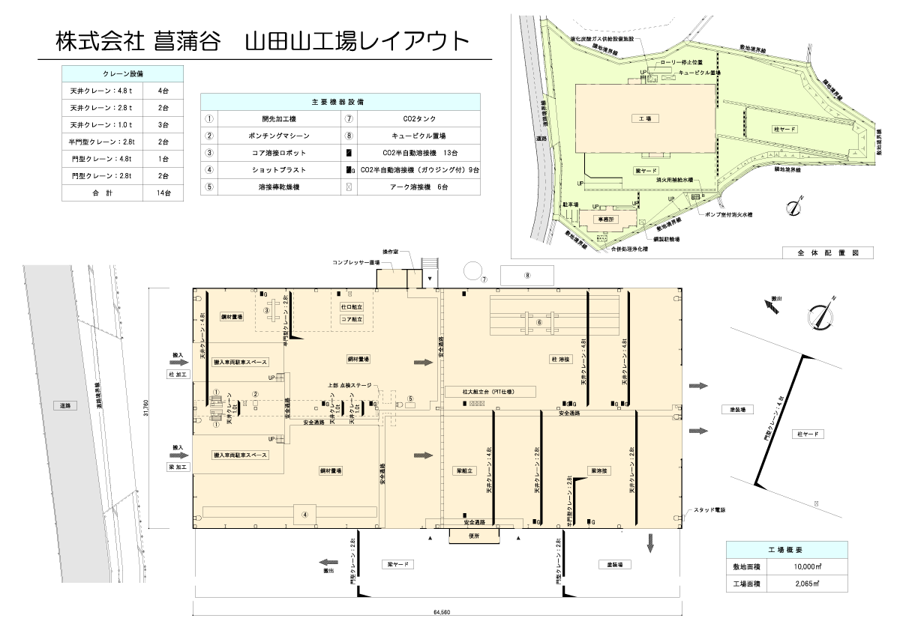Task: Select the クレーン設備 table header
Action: pos(121,73)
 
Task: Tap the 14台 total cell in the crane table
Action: pos(163,193)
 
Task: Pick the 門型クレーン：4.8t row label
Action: pos(100,159)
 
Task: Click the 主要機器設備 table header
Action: pos(340,101)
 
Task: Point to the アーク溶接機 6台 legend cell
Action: pos(418,187)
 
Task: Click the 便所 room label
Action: pos(472,535)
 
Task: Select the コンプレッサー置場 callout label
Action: pos(356,263)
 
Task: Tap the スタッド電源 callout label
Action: pos(711,510)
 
